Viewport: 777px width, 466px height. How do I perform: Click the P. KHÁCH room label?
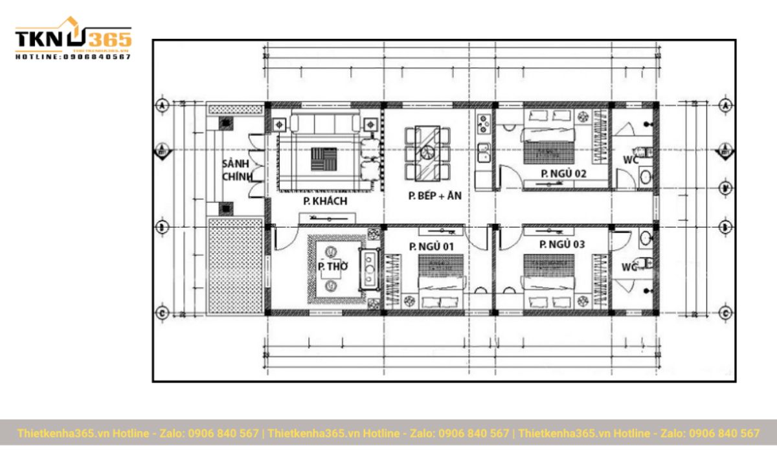(325, 202)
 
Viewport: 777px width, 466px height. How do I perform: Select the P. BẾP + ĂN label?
(434, 195)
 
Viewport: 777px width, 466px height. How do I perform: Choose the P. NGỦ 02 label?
(563, 173)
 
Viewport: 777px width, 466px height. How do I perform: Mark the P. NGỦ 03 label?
(562, 244)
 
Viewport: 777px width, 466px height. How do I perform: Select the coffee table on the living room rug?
(324, 159)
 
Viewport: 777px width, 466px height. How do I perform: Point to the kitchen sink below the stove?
(482, 153)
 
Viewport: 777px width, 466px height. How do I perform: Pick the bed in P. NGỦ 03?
(549, 282)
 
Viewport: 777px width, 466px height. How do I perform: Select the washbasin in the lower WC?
(646, 239)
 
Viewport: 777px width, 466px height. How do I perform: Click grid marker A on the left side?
(163, 105)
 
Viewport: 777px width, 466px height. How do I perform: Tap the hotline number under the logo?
(73, 57)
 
